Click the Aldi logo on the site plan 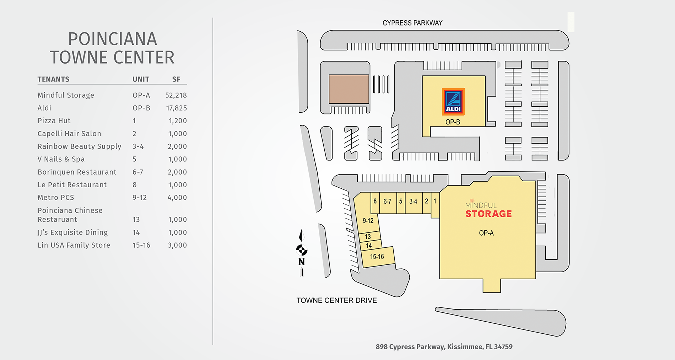tap(453, 102)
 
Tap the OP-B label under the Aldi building tap(453, 122)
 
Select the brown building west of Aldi tap(349, 89)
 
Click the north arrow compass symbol tap(302, 251)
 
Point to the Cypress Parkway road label tap(412, 23)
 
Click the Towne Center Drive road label tap(336, 300)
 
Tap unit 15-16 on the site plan tap(377, 257)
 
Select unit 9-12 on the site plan tap(368, 221)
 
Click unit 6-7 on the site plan tap(387, 202)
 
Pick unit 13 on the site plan tap(368, 237)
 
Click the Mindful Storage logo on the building tap(488, 210)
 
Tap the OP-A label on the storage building tap(486, 233)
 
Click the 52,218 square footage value tap(176, 95)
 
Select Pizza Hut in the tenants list tap(54, 121)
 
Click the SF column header tap(176, 79)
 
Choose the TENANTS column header tap(53, 79)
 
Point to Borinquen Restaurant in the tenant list tap(77, 172)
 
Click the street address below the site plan tap(444, 347)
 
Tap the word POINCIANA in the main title tap(112, 39)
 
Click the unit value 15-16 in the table tap(141, 245)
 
